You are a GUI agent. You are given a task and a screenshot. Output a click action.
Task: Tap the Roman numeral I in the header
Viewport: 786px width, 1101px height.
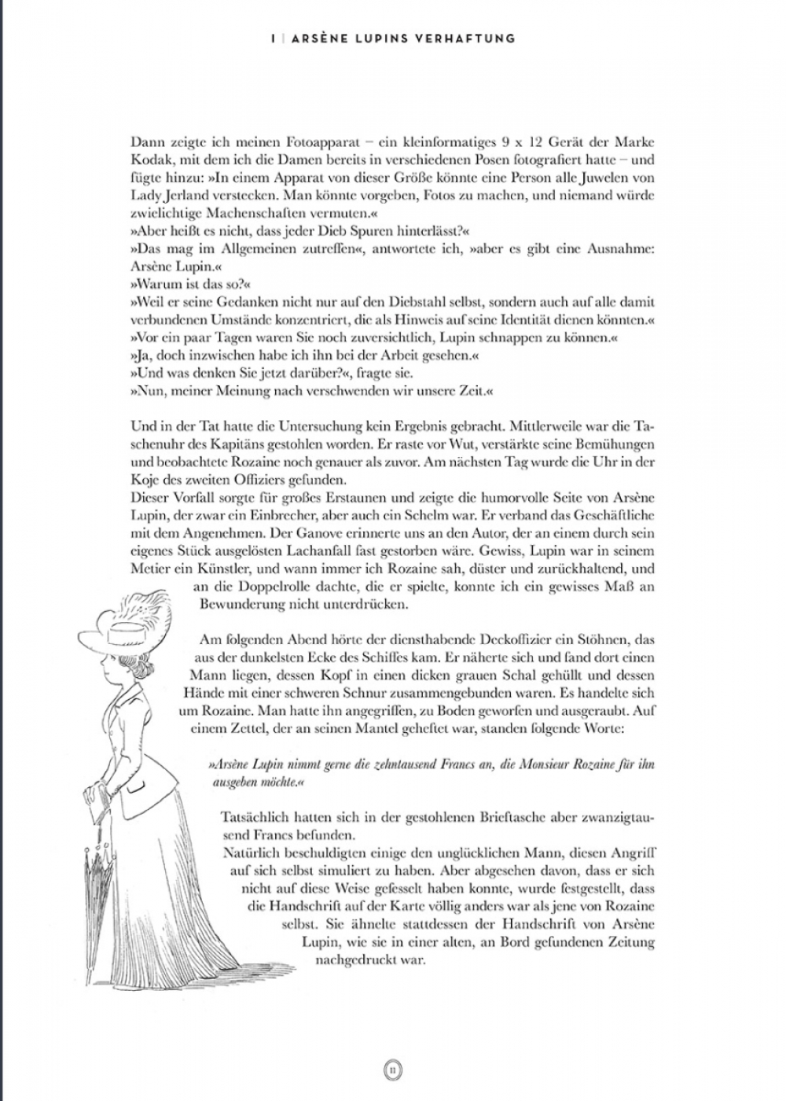pyautogui.click(x=270, y=38)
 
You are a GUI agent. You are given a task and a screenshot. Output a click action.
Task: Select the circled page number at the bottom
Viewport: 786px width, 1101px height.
pyautogui.click(x=393, y=1069)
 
